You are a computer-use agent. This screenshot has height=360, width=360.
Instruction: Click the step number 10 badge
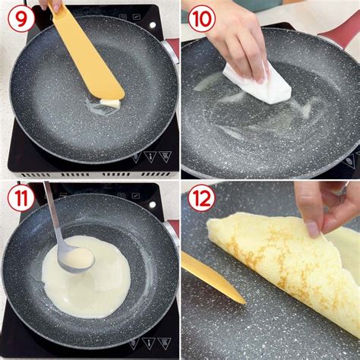(x=201, y=18)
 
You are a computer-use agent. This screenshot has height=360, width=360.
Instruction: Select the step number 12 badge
(x=201, y=198)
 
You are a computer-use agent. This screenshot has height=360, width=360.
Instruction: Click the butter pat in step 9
(x=111, y=103)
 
